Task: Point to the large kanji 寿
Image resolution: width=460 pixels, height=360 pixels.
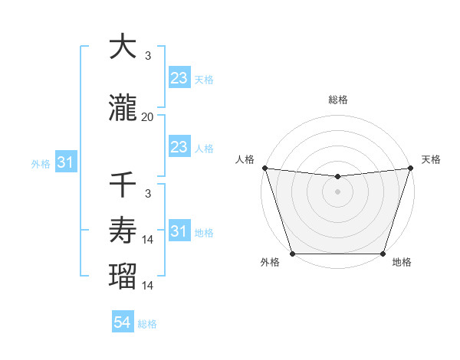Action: click(x=123, y=229)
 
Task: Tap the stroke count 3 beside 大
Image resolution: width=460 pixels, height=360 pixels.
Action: click(x=147, y=56)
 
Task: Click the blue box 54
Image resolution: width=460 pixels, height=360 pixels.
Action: click(x=123, y=322)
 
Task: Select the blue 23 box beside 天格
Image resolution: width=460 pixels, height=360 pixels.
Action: click(x=179, y=77)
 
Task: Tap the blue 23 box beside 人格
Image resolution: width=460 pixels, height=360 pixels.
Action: click(x=179, y=147)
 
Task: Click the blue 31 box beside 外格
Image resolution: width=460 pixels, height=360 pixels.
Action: click(x=65, y=162)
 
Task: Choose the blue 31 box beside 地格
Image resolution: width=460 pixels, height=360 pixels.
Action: click(x=179, y=231)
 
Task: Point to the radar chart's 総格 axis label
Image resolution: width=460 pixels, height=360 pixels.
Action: click(x=337, y=100)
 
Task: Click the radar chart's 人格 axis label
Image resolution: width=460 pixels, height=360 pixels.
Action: click(x=246, y=159)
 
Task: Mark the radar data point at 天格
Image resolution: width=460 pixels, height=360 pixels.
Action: click(x=410, y=168)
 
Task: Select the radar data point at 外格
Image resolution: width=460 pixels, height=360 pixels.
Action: click(x=292, y=254)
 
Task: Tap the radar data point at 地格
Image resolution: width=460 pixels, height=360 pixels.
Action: click(x=383, y=254)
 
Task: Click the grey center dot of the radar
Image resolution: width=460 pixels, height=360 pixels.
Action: click(x=337, y=191)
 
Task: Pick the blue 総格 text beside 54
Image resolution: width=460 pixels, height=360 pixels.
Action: click(x=147, y=324)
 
